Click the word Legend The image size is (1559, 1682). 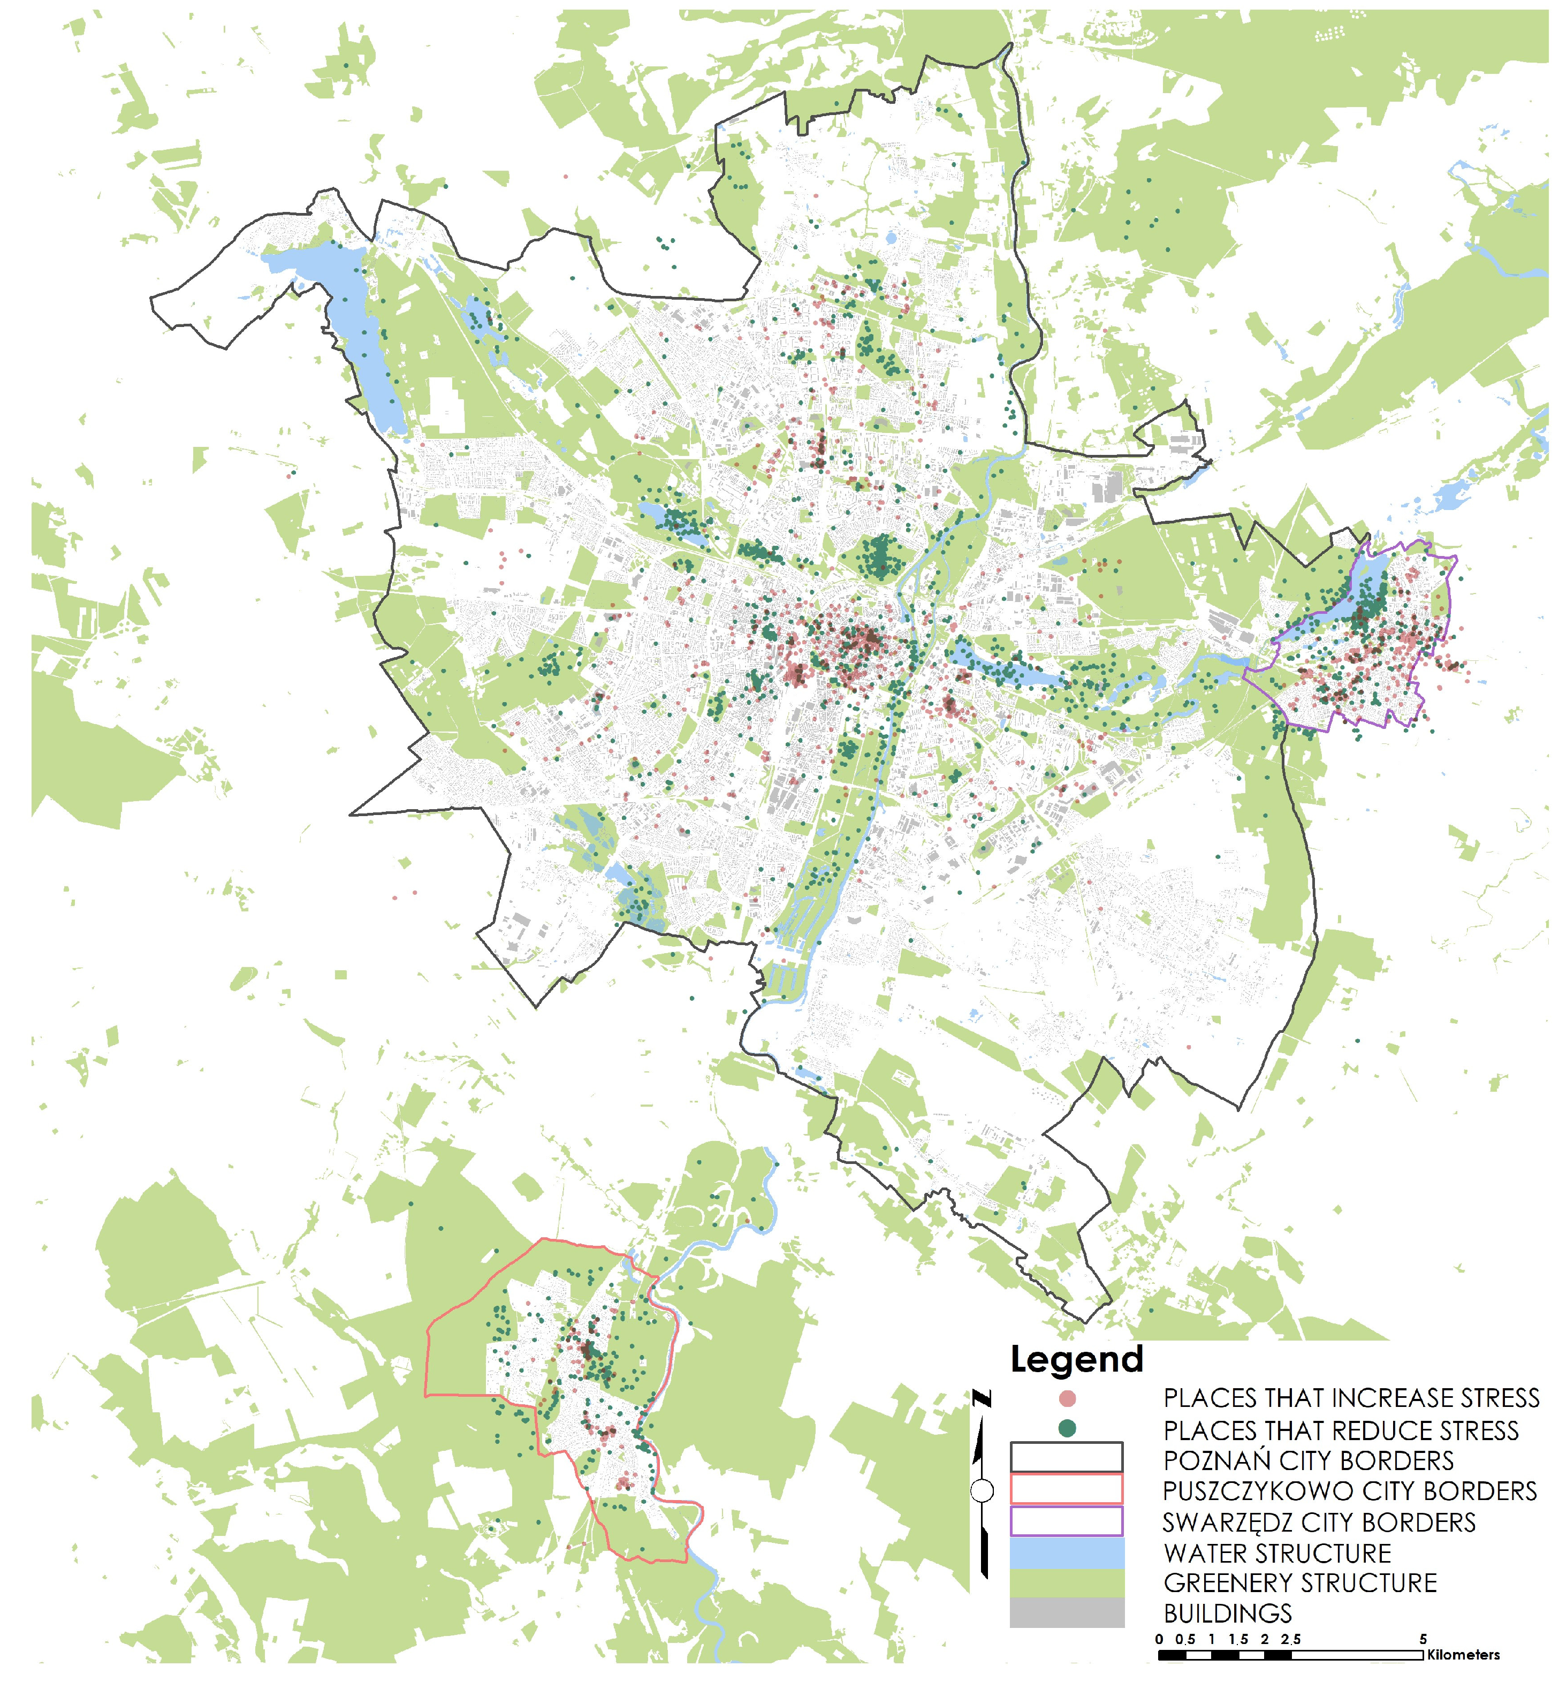pyautogui.click(x=1076, y=1360)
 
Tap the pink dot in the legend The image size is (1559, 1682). pyautogui.click(x=1067, y=1398)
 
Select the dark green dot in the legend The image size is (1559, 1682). pyautogui.click(x=1067, y=1428)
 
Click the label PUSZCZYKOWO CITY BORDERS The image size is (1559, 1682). pyautogui.click(x=1349, y=1491)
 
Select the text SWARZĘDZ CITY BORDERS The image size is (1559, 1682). pyautogui.click(x=1319, y=1523)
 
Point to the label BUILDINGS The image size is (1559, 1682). pyautogui.click(x=1228, y=1613)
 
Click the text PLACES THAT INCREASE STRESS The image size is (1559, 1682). pyautogui.click(x=1351, y=1398)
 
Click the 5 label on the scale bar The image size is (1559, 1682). pyautogui.click(x=1423, y=1639)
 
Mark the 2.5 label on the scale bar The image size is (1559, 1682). pyautogui.click(x=1291, y=1639)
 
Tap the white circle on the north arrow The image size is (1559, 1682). pyautogui.click(x=982, y=1491)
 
